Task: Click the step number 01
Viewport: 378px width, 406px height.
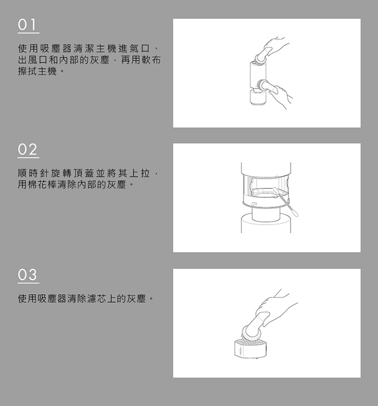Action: click(x=28, y=25)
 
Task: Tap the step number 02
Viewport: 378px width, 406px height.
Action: click(x=28, y=150)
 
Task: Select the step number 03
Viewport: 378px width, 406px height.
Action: click(x=28, y=275)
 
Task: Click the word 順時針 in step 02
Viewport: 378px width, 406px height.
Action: click(x=33, y=173)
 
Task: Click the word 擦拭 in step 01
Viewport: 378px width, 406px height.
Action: click(x=28, y=71)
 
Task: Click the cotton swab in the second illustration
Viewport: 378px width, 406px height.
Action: click(x=286, y=201)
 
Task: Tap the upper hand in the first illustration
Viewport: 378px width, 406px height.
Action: click(x=276, y=46)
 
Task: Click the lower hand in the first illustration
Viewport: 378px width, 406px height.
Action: click(x=283, y=96)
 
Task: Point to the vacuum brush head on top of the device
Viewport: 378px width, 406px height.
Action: click(x=260, y=58)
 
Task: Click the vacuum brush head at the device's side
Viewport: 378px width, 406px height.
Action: click(x=263, y=85)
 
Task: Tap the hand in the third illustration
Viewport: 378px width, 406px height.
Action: click(x=276, y=308)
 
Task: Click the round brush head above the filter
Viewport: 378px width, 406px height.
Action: click(x=251, y=336)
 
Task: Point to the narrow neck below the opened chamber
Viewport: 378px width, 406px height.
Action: click(x=266, y=214)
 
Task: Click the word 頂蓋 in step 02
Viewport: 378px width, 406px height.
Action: click(x=83, y=173)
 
